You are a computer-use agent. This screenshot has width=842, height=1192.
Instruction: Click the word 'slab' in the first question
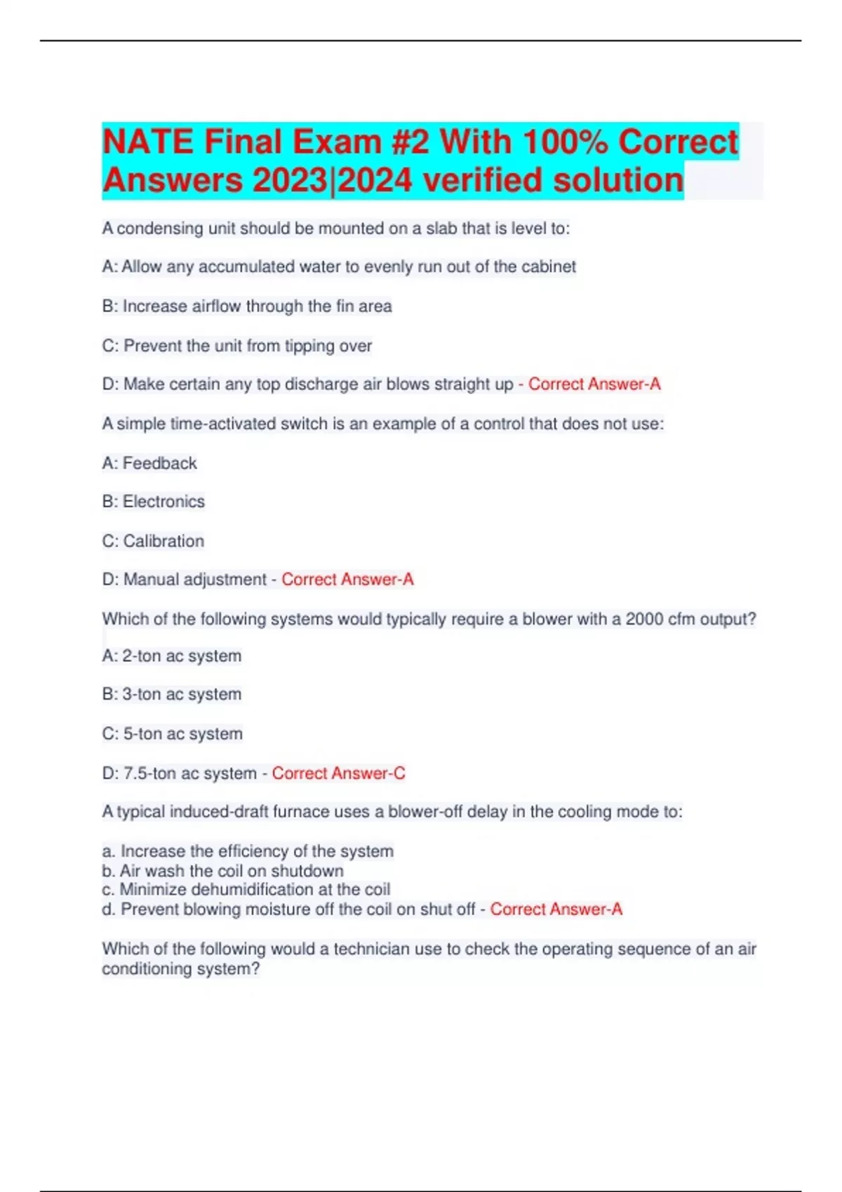coord(441,229)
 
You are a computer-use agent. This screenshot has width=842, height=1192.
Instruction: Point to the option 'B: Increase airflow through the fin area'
coord(247,306)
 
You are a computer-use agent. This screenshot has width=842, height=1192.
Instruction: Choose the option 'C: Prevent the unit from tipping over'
coord(237,346)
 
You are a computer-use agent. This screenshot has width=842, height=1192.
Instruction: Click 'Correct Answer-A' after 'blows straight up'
coord(594,384)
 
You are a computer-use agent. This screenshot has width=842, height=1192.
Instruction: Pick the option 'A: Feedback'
coord(149,463)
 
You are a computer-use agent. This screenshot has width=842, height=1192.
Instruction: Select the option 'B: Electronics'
coord(154,501)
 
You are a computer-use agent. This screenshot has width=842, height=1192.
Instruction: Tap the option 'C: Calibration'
coord(153,541)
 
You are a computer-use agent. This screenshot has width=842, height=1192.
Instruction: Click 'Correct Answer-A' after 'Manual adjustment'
coord(347,580)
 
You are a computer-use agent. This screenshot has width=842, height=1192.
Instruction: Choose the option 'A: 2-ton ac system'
coord(172,656)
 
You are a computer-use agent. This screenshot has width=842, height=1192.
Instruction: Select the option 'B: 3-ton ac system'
coord(172,694)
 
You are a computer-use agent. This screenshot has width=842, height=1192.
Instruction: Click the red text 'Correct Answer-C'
coord(338,773)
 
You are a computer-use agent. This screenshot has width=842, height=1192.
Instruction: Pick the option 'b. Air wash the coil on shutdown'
coord(223,871)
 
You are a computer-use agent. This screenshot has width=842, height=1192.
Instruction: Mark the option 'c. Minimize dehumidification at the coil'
coord(246,890)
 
